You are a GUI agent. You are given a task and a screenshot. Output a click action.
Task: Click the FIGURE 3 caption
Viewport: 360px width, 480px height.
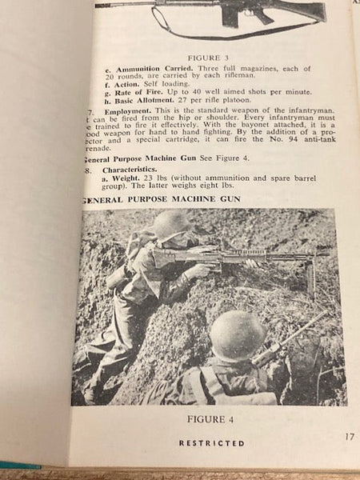click(207, 58)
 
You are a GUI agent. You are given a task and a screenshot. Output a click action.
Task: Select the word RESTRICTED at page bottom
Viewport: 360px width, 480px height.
click(211, 443)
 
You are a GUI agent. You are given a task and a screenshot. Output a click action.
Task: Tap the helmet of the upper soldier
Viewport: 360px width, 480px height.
click(171, 226)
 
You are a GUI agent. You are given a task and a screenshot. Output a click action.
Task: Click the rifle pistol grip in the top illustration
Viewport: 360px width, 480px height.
click(230, 14)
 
